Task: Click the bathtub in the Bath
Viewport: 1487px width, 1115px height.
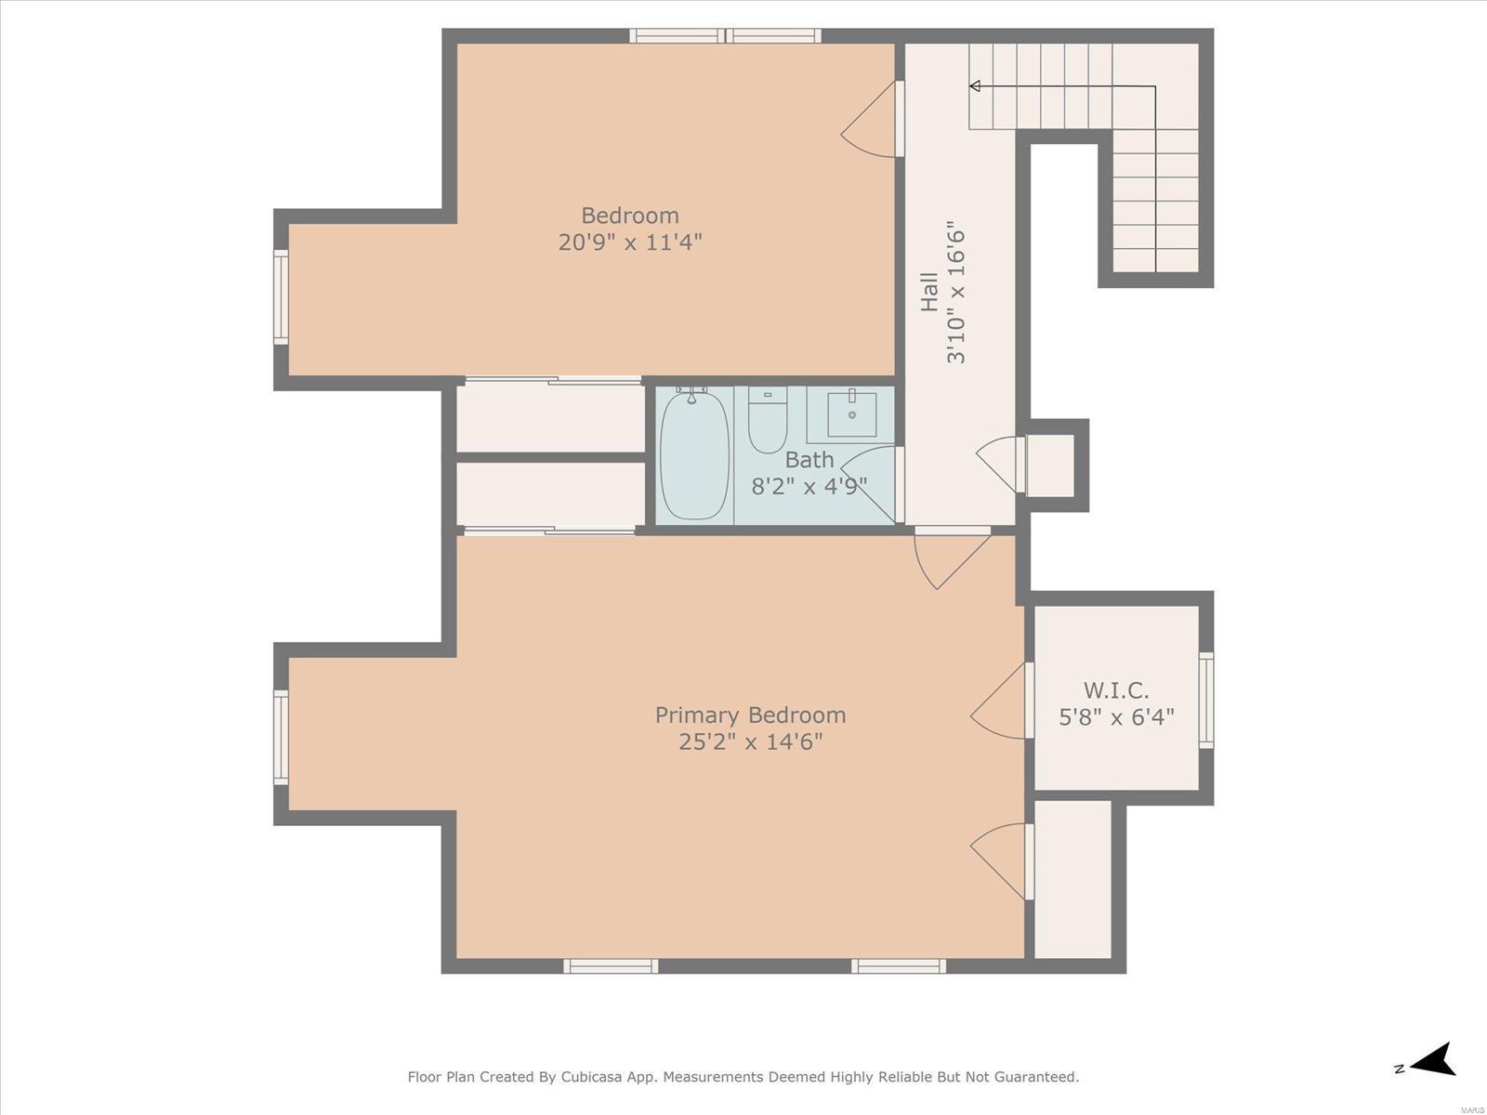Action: click(x=694, y=455)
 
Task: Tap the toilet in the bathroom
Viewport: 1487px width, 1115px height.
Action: click(x=768, y=420)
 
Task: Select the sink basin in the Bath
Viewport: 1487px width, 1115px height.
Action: click(x=851, y=413)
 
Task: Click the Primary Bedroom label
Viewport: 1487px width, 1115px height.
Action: click(x=750, y=715)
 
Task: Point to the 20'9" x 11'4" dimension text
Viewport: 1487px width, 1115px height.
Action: click(x=630, y=242)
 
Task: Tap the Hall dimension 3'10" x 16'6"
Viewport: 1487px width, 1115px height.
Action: click(x=955, y=292)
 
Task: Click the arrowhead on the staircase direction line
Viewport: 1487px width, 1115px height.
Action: click(x=975, y=86)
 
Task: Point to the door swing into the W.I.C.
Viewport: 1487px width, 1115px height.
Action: click(x=998, y=702)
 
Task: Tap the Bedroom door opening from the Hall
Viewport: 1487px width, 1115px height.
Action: click(x=870, y=120)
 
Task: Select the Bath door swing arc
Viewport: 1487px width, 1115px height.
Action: click(x=866, y=484)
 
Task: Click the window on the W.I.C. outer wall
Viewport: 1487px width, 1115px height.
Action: click(x=1205, y=700)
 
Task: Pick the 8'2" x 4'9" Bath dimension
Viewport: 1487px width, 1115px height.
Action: click(x=809, y=486)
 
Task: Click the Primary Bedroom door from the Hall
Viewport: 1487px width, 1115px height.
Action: click(x=953, y=561)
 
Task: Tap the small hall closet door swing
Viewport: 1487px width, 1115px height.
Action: click(x=1000, y=465)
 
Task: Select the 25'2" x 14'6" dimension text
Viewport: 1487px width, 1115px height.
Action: click(x=751, y=742)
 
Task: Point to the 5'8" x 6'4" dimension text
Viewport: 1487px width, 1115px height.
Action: click(x=1116, y=717)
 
